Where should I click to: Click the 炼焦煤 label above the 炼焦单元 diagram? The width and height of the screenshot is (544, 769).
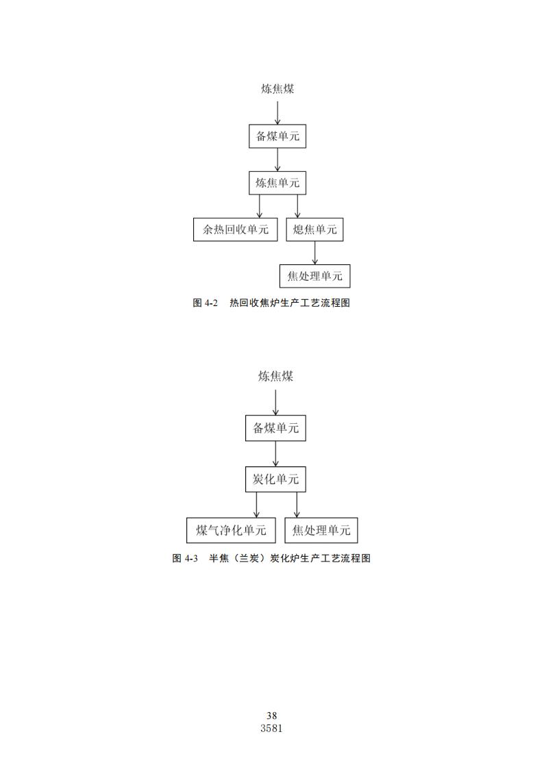277,89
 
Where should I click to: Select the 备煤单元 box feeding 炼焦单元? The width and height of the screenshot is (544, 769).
277,136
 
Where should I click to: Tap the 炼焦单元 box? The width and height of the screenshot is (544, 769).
277,182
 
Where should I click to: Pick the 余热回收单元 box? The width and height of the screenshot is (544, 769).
235,229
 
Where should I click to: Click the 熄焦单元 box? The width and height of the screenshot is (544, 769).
314,229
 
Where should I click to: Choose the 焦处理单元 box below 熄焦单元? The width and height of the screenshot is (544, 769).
314,276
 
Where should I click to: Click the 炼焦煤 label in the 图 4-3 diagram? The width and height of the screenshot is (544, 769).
275,376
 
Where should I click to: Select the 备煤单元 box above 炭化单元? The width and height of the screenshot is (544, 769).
275,428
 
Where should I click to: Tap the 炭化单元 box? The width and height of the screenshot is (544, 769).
275,479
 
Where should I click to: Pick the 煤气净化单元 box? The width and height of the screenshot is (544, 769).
231,530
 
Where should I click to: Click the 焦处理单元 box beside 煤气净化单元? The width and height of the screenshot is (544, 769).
321,530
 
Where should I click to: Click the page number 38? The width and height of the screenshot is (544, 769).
272,716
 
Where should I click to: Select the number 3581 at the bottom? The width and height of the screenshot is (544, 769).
272,729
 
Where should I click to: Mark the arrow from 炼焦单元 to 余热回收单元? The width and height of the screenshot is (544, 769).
260,206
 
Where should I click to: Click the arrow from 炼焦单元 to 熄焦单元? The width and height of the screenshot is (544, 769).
297,206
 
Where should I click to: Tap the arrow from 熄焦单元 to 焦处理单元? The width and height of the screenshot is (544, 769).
314,253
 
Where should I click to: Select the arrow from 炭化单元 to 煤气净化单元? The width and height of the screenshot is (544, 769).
256,505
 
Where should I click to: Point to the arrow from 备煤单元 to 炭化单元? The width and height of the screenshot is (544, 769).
275,453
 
